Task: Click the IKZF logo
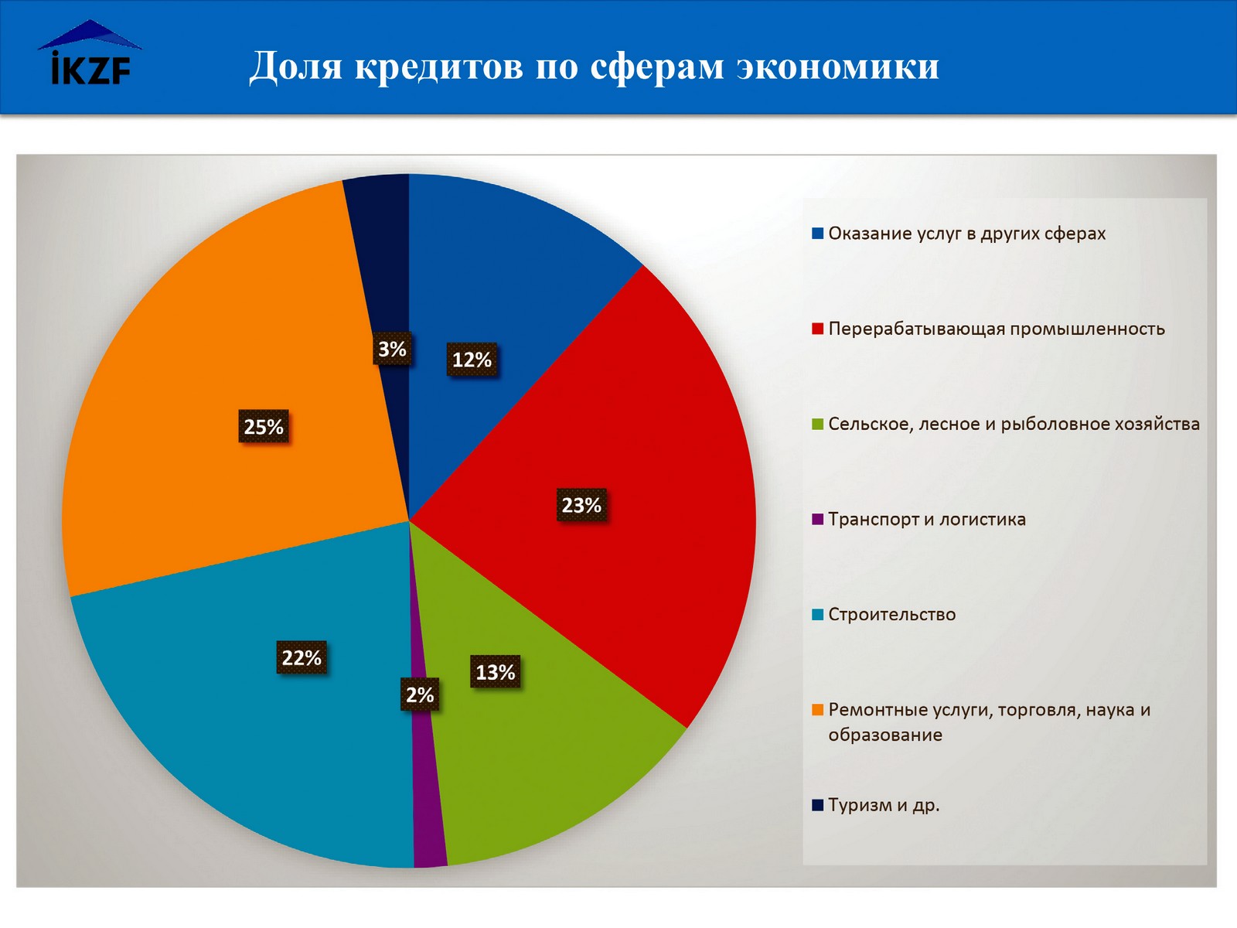point(90,54)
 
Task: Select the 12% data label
point(472,360)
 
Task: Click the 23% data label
point(581,505)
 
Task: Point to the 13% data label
point(495,672)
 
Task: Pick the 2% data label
point(420,694)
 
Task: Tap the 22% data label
point(302,657)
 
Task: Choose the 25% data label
point(264,427)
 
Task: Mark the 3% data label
point(392,349)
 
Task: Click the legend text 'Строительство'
point(891,615)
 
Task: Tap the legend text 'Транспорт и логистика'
point(926,520)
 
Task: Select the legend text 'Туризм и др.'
point(884,805)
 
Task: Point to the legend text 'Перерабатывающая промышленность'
point(996,329)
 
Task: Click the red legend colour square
point(817,329)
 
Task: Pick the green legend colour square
point(817,424)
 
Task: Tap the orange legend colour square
point(817,710)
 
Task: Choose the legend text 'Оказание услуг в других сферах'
point(966,234)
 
